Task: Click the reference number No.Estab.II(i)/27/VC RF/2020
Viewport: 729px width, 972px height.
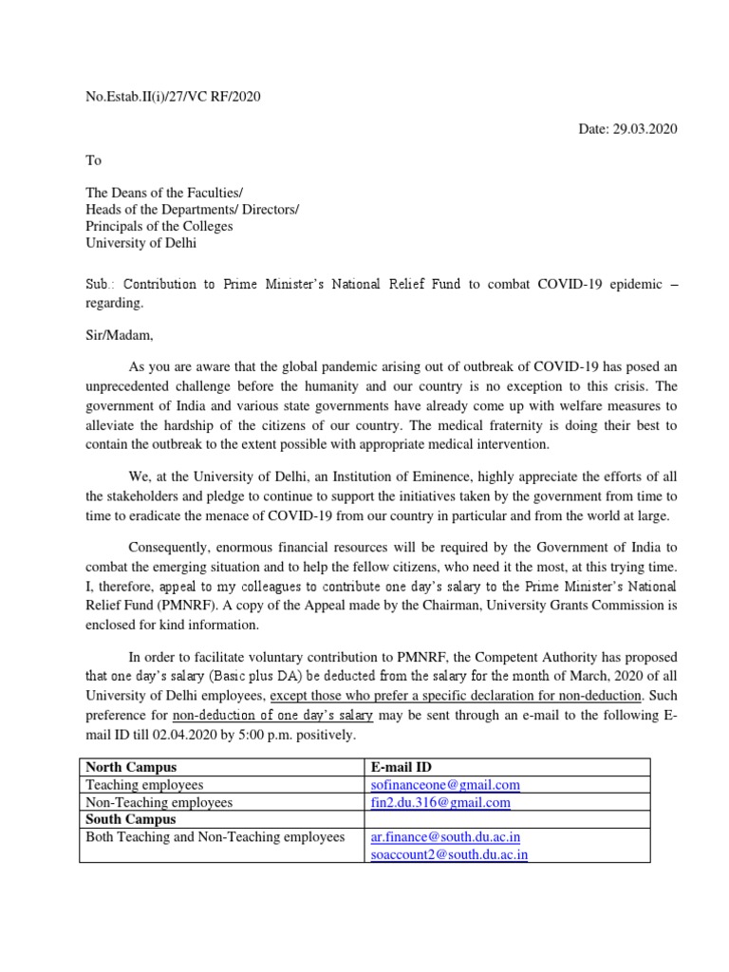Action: click(x=173, y=96)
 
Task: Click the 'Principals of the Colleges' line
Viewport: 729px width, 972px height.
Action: click(x=159, y=226)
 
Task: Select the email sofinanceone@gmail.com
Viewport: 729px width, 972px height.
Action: click(x=445, y=785)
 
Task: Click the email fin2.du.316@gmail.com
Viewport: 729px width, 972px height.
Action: click(x=440, y=802)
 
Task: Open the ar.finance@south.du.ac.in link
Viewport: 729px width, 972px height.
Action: click(x=445, y=837)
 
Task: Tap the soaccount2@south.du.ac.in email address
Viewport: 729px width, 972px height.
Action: click(x=449, y=854)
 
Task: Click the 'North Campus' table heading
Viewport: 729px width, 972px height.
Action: click(x=131, y=767)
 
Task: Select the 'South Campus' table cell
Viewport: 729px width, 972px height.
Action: click(x=131, y=819)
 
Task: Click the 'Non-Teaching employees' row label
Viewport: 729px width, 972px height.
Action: click(x=159, y=802)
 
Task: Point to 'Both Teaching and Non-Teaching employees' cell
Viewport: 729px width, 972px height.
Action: click(x=215, y=837)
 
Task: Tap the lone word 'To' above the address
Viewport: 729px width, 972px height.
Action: click(x=93, y=160)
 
